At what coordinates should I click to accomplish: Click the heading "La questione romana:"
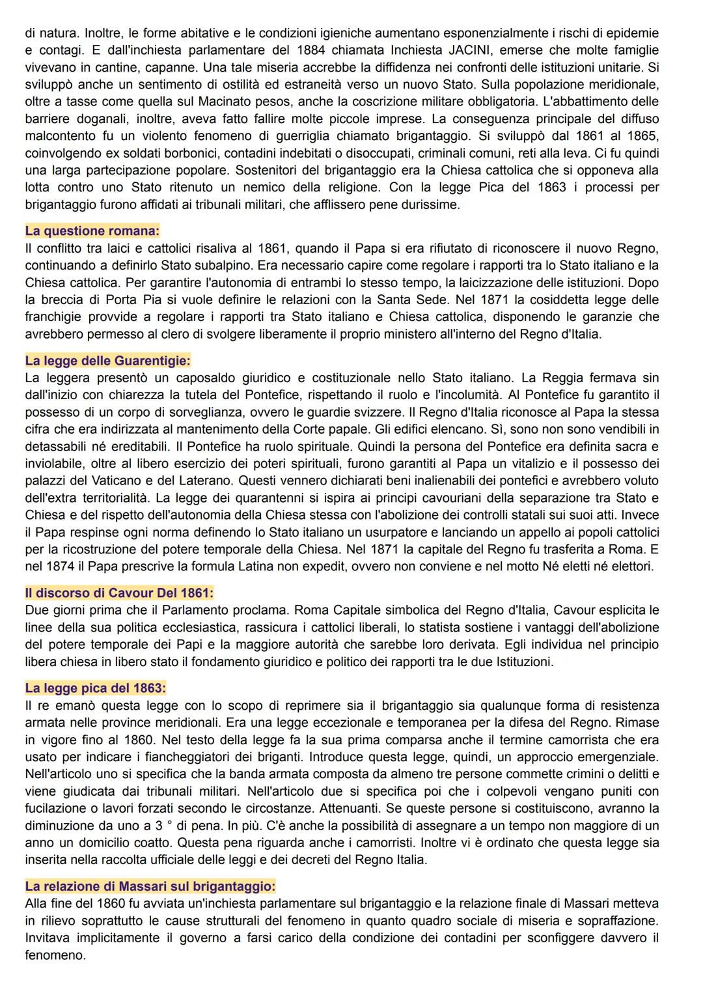[92, 231]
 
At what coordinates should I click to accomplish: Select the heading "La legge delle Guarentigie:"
[107, 361]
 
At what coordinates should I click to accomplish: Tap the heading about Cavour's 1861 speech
[119, 593]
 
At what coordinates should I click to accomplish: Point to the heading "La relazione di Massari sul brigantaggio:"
[150, 886]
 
